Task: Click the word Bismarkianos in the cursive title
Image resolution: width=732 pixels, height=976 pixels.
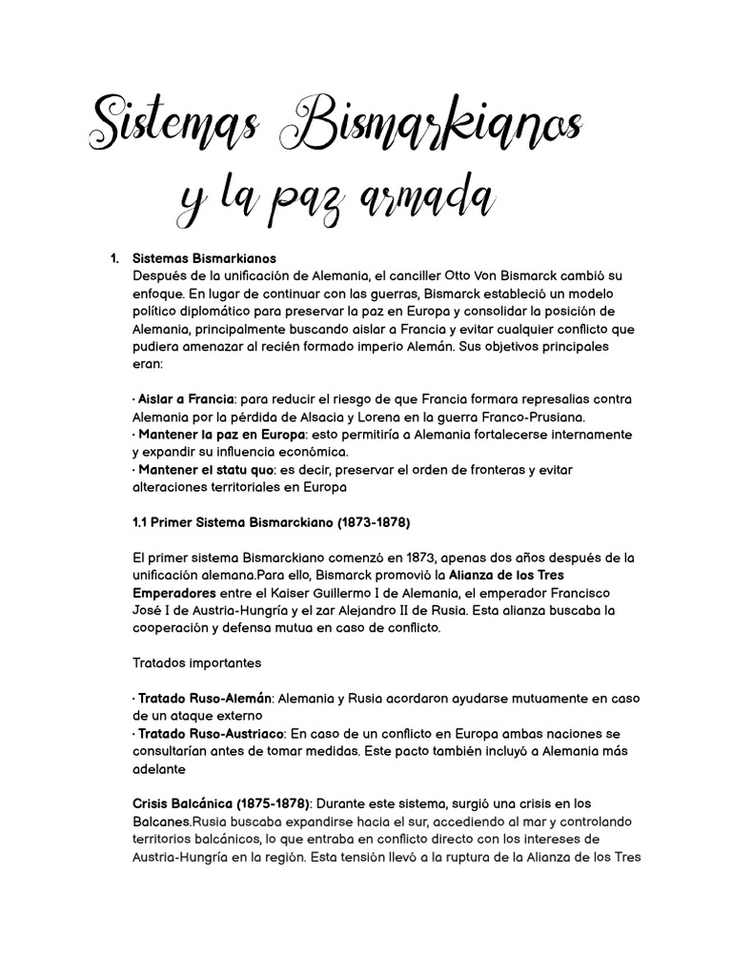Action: pyautogui.click(x=440, y=127)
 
